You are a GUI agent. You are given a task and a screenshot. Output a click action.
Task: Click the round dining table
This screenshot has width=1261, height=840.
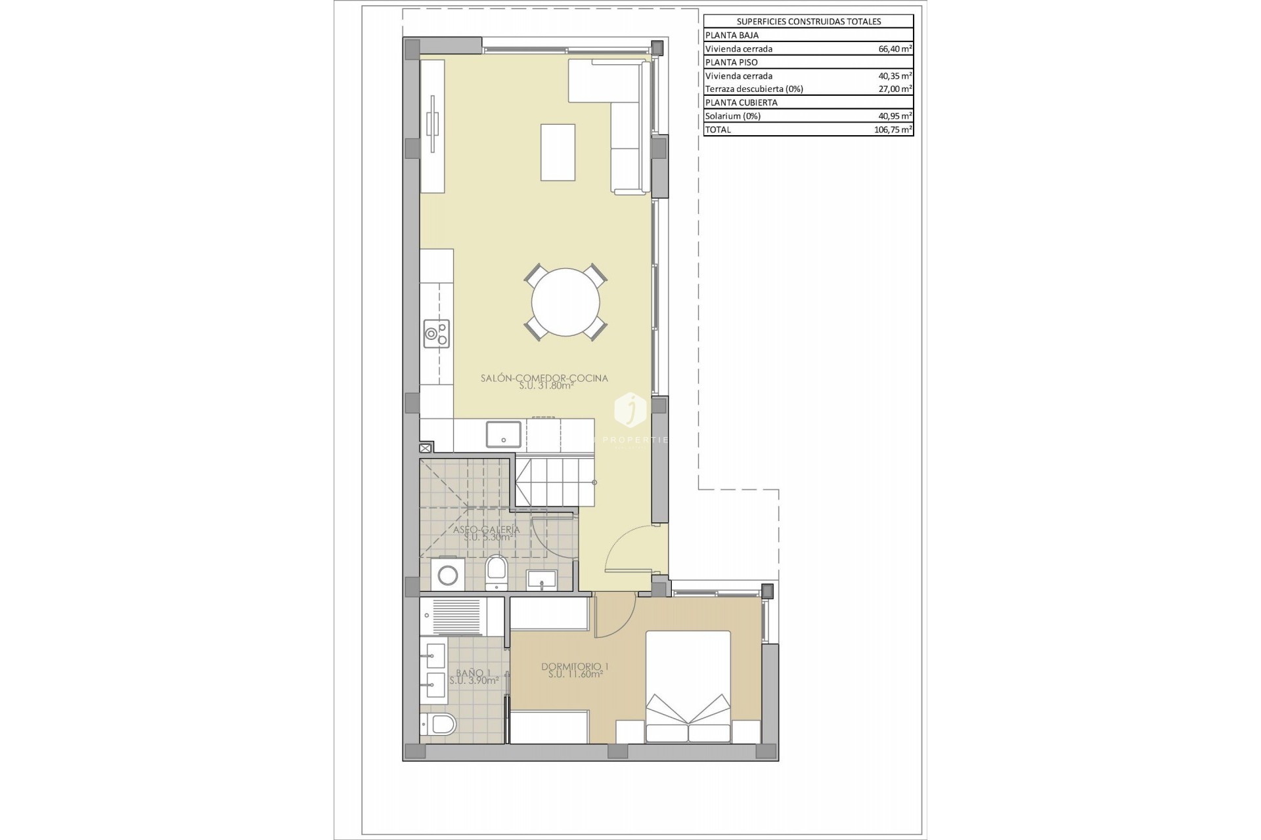tap(565, 303)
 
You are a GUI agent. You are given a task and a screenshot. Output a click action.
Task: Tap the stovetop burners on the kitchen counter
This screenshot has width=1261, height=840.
tap(436, 333)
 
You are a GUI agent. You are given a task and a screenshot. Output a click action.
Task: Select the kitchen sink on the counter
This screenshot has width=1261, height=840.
tap(504, 434)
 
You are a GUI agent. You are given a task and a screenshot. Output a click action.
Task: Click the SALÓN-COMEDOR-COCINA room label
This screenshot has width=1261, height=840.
tap(544, 378)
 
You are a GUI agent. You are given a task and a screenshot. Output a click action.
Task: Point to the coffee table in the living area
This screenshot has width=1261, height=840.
tap(558, 152)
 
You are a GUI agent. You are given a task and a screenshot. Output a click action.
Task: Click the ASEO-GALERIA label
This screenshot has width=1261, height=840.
tap(486, 530)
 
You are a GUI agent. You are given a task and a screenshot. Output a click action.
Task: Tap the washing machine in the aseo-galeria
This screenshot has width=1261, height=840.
tap(449, 576)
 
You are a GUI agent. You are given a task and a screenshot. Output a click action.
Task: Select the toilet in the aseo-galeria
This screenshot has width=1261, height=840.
tap(496, 572)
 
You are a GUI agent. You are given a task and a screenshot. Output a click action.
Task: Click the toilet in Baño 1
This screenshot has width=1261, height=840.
tap(439, 725)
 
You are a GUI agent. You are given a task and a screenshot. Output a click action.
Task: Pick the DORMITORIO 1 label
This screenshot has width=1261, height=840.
tap(575, 667)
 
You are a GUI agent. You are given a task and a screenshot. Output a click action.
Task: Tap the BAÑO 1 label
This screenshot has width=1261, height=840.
tap(473, 673)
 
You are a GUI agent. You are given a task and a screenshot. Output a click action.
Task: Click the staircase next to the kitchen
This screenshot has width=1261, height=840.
tap(548, 481)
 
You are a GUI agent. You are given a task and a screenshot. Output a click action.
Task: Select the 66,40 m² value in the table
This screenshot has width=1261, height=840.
tap(895, 49)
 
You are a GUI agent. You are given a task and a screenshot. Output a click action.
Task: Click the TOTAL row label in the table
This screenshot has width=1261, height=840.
tap(717, 129)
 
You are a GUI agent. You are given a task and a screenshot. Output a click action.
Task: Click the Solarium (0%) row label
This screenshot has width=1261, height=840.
tap(732, 116)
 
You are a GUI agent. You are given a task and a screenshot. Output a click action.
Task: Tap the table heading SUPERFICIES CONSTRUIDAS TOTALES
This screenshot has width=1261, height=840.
tap(808, 22)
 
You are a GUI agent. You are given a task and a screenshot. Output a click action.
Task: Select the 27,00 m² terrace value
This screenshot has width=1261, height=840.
tap(895, 89)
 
